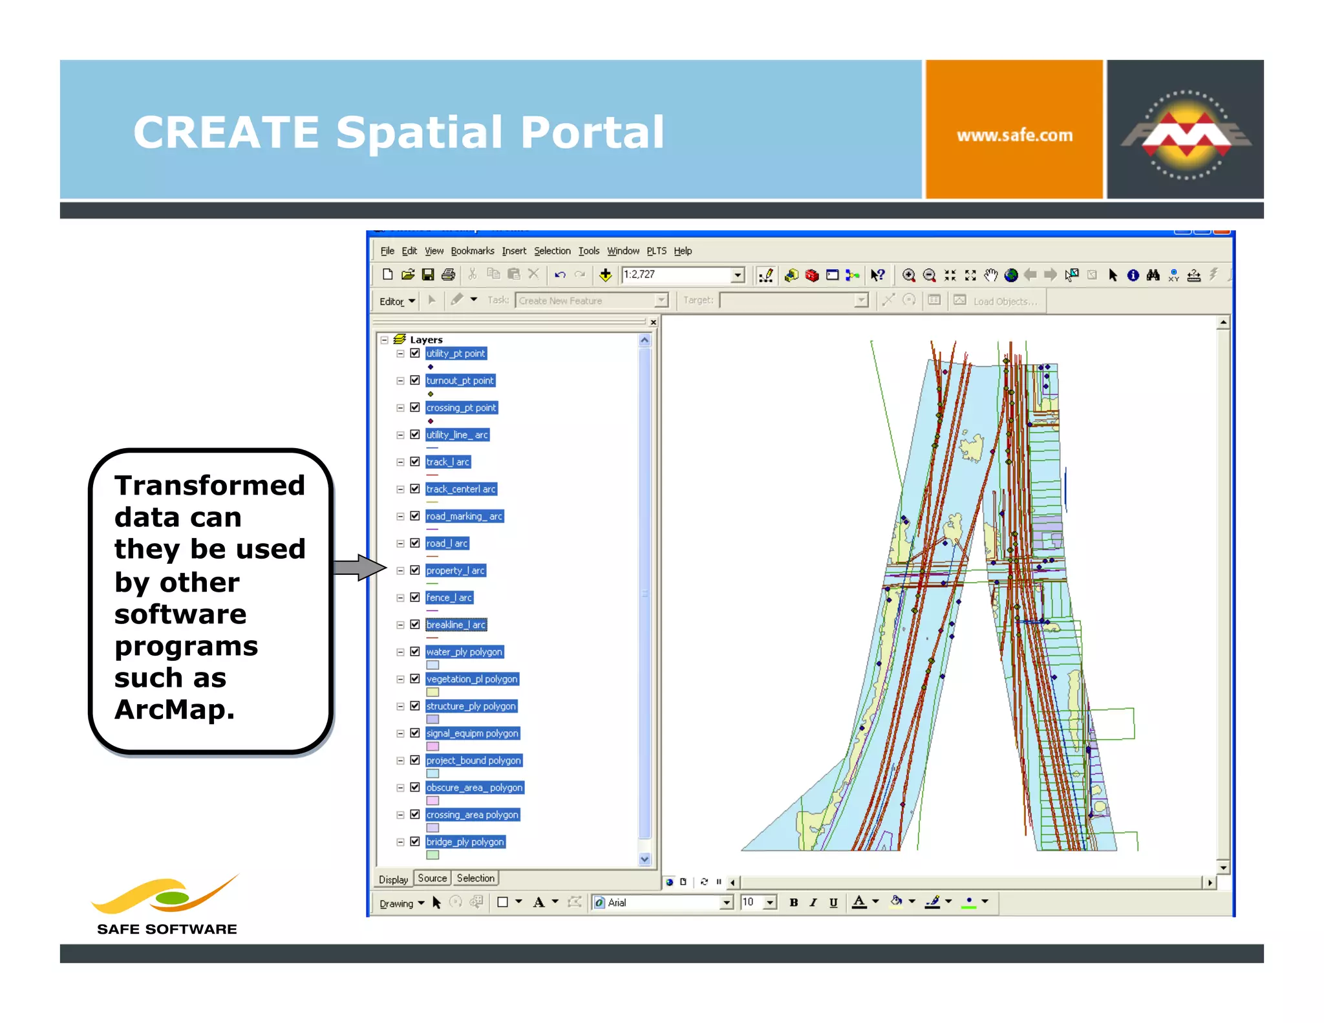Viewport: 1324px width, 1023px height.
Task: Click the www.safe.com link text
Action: [1014, 135]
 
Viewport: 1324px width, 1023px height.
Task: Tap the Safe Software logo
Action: [167, 905]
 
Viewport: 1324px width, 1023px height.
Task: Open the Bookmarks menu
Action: [472, 251]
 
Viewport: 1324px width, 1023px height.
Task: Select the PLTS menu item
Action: [656, 251]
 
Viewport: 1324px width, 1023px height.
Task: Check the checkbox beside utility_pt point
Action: [415, 354]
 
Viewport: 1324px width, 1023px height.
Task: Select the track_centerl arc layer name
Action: [461, 490]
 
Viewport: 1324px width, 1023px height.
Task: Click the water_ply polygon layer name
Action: [464, 652]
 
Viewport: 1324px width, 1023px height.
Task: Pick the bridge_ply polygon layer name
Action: [465, 842]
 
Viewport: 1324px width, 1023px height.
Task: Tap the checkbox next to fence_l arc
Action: [415, 598]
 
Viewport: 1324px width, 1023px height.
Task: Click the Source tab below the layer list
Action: [432, 878]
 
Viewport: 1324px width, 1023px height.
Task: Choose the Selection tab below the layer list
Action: [475, 878]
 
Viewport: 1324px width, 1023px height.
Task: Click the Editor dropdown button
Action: [397, 301]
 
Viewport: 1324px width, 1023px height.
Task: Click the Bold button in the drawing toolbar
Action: [793, 903]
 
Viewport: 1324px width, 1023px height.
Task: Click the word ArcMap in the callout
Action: [174, 709]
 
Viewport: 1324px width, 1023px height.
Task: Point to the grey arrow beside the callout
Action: [359, 568]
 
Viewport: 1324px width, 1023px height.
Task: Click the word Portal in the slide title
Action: [592, 133]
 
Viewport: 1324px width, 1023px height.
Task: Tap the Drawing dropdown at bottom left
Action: [401, 903]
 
